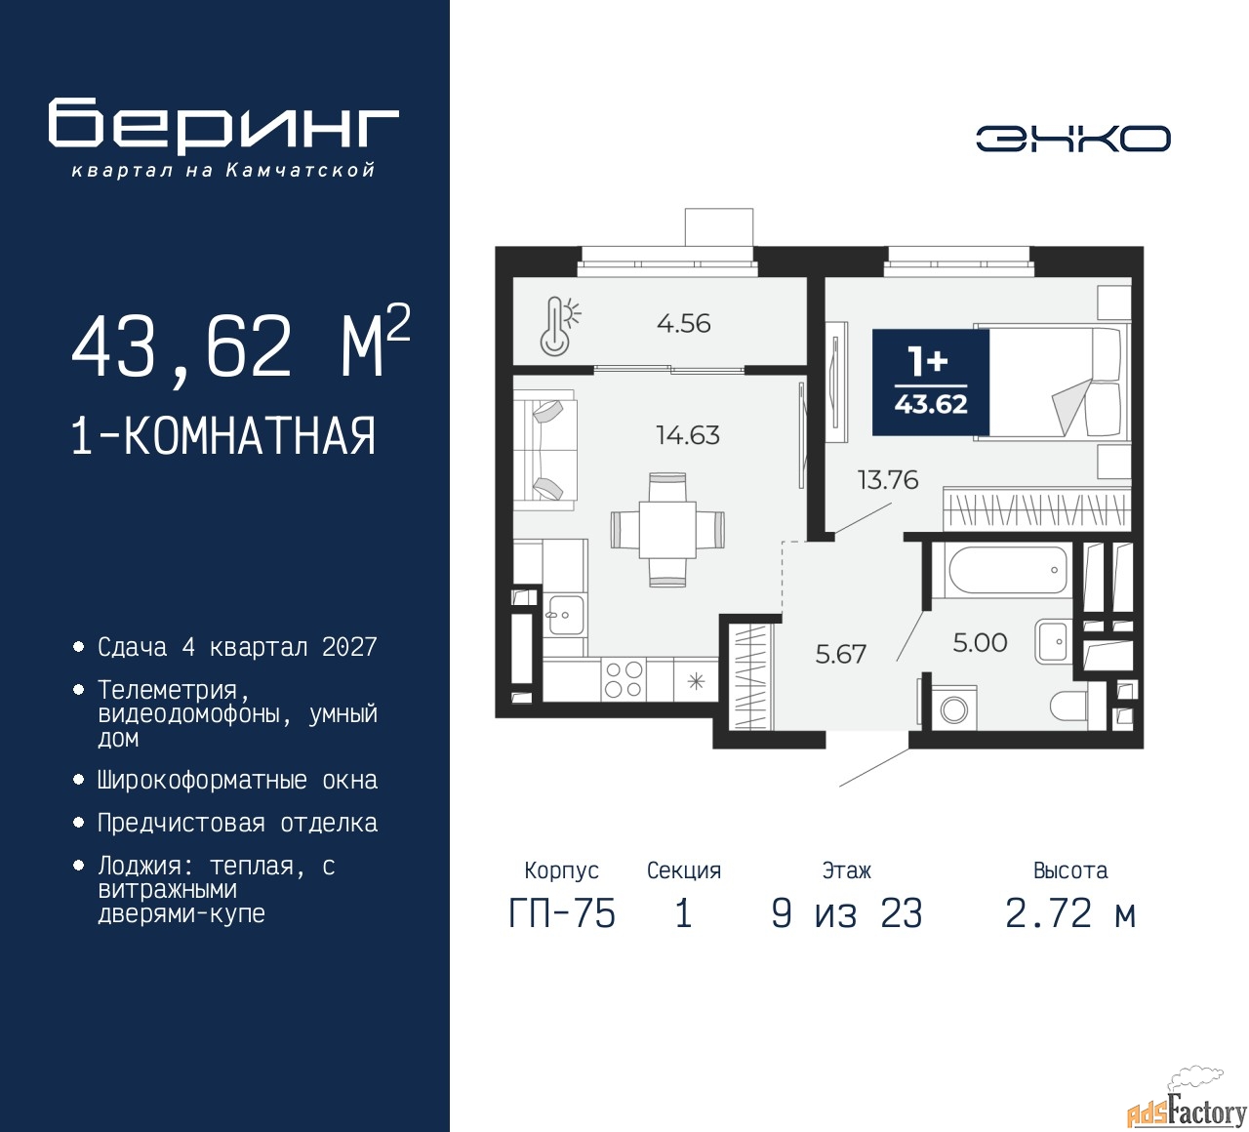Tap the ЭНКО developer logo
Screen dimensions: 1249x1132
point(1072,139)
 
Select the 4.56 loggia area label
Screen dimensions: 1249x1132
point(683,324)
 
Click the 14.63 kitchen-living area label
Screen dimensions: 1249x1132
point(688,434)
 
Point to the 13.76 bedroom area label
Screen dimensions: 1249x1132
point(887,480)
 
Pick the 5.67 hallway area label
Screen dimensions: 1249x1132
point(840,654)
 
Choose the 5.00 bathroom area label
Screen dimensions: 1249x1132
point(980,642)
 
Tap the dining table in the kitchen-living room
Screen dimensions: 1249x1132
point(667,529)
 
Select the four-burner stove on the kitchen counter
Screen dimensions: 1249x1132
point(624,680)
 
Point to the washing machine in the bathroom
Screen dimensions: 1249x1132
point(954,707)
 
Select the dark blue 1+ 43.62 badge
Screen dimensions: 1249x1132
point(930,383)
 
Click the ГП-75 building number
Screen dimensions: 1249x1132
point(562,913)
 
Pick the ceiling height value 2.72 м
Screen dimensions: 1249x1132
point(1070,913)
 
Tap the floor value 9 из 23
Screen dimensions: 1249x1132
point(846,913)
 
